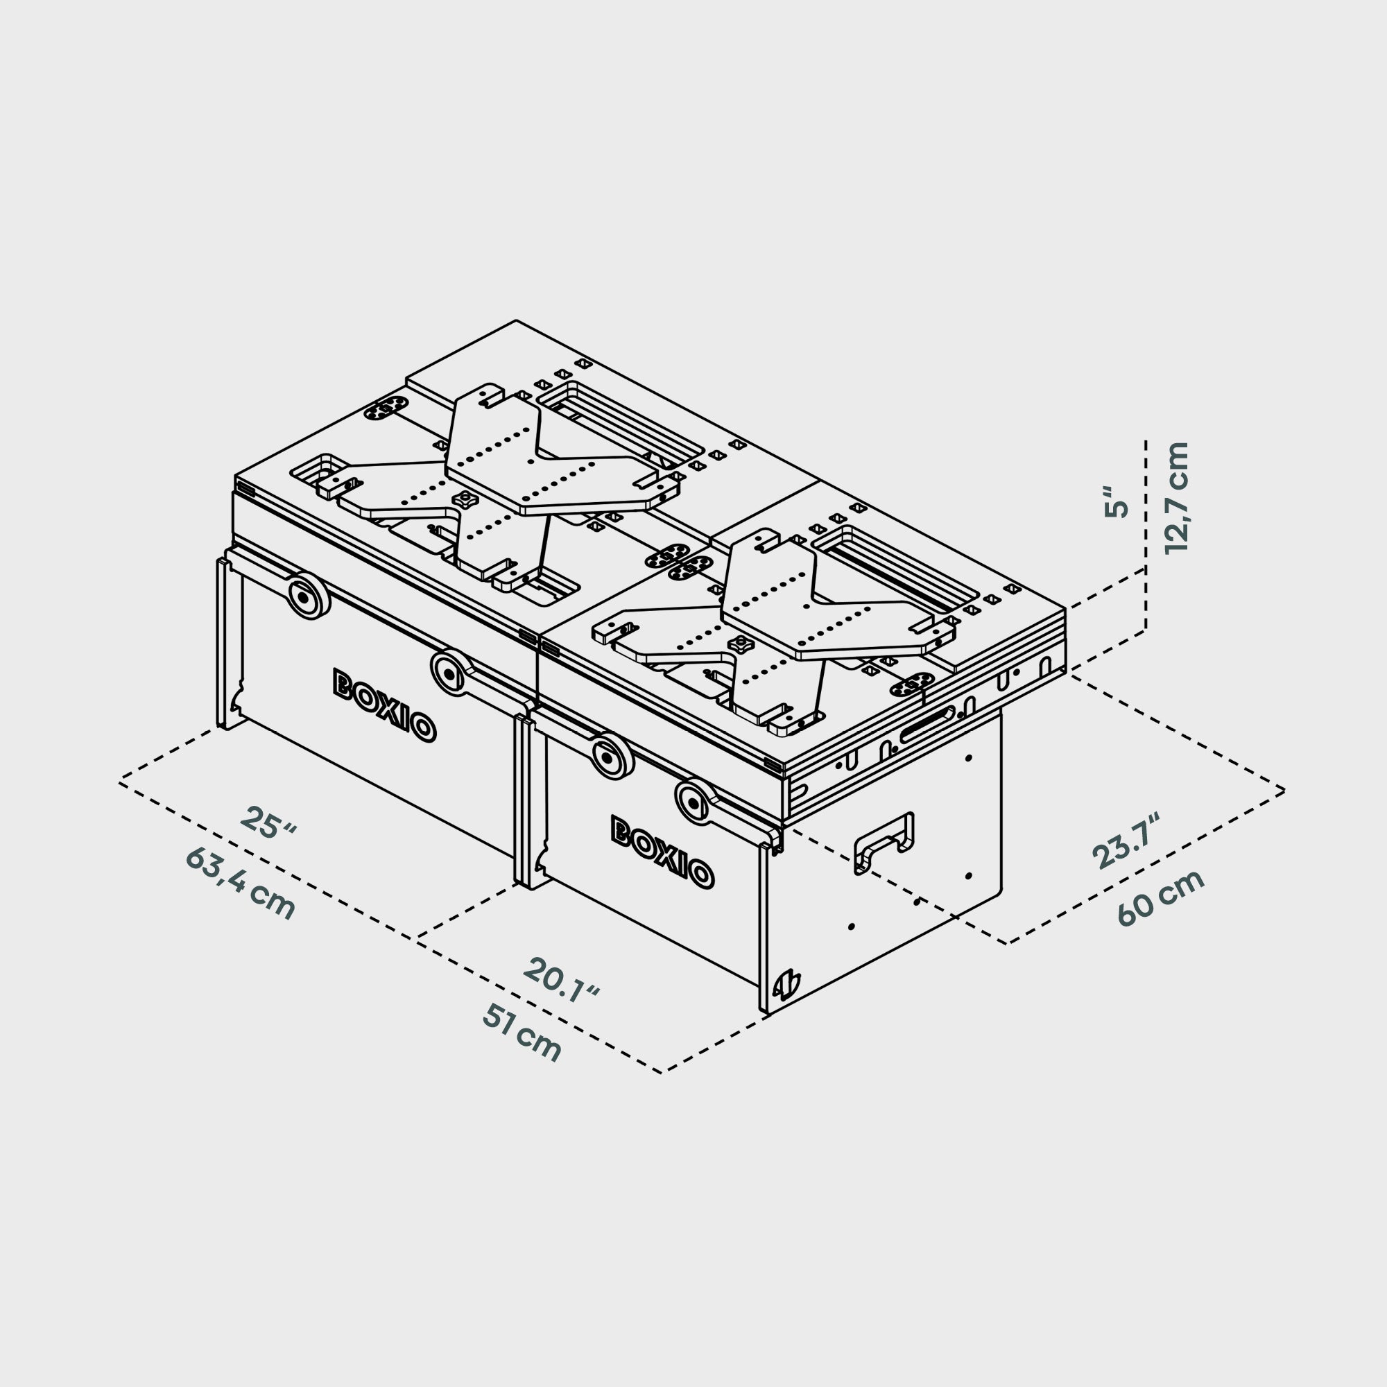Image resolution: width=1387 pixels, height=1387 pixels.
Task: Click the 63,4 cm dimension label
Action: [x=240, y=884]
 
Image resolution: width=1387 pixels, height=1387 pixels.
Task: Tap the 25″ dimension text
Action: [x=267, y=823]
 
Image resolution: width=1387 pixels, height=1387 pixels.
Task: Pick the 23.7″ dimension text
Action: [x=1126, y=843]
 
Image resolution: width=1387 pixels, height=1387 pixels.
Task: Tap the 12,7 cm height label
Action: [x=1176, y=497]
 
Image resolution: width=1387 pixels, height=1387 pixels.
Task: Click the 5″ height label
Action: [x=1117, y=502]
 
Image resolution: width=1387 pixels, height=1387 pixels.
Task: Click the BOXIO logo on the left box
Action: [x=384, y=705]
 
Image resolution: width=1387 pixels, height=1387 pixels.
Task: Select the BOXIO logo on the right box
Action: [x=662, y=852]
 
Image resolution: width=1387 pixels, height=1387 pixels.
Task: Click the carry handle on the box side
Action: [x=883, y=843]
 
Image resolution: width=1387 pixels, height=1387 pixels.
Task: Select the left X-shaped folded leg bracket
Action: [x=495, y=488]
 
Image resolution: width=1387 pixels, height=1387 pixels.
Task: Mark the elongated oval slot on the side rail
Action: [x=929, y=733]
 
